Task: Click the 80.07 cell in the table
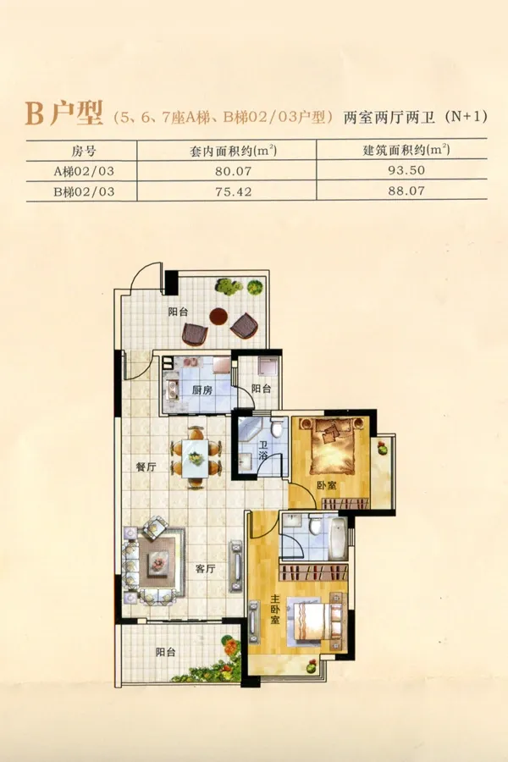pyautogui.click(x=234, y=171)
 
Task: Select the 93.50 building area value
pyautogui.click(x=406, y=170)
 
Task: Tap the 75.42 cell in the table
pyautogui.click(x=234, y=192)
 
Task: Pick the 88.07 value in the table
pyautogui.click(x=406, y=191)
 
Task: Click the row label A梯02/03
pyautogui.click(x=84, y=171)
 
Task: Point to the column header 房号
pyautogui.click(x=84, y=151)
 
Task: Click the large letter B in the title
pyautogui.click(x=35, y=114)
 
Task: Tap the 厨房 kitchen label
pyautogui.click(x=202, y=389)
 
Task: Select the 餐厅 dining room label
pyautogui.click(x=146, y=467)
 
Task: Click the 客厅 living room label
pyautogui.click(x=205, y=569)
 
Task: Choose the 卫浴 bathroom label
pyautogui.click(x=263, y=450)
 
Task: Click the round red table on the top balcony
pyautogui.click(x=218, y=317)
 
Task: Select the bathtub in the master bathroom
pyautogui.click(x=337, y=538)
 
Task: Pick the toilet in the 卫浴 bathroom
pyautogui.click(x=278, y=428)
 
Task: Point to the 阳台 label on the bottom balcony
pyautogui.click(x=165, y=652)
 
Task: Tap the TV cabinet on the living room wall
pyautogui.click(x=235, y=566)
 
